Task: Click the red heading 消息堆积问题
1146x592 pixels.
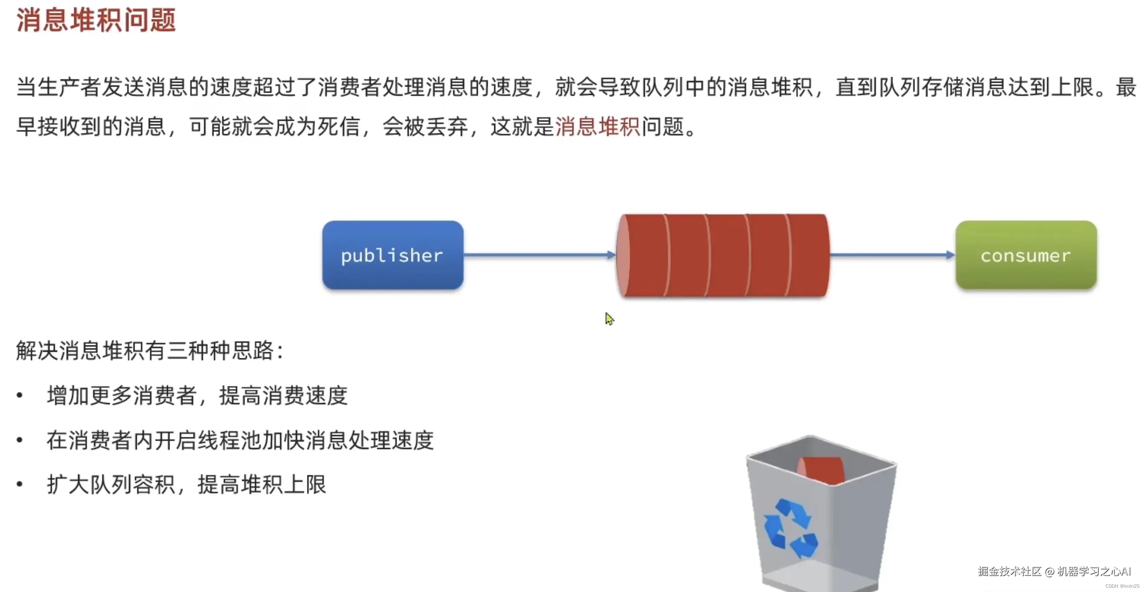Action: coord(96,20)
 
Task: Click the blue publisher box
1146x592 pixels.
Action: coord(392,255)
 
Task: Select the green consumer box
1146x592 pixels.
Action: coord(1026,255)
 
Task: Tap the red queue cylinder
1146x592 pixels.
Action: coord(723,255)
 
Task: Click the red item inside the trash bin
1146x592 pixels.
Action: coord(821,470)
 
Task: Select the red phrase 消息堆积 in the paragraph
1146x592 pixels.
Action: coord(597,127)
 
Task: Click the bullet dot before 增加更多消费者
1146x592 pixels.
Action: coord(20,395)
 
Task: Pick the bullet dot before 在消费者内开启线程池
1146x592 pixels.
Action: coord(20,440)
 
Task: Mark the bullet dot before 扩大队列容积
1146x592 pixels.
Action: coord(20,484)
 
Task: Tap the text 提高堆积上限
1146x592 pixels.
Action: coord(262,484)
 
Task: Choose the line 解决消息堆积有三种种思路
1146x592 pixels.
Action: coord(150,351)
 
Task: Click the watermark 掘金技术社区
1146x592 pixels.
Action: coord(1010,572)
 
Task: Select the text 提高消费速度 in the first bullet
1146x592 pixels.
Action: coord(283,395)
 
